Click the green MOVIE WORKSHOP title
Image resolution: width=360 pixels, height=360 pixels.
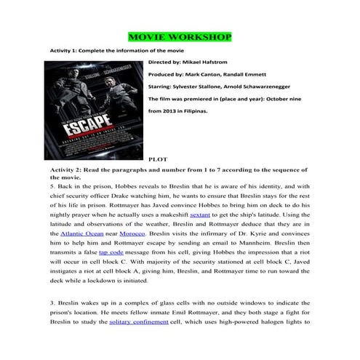[180, 36]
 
